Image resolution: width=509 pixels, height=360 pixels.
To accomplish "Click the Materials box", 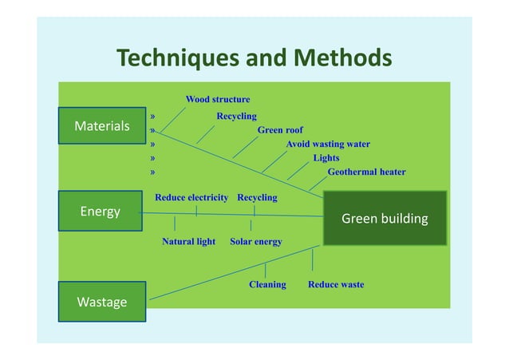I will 101,125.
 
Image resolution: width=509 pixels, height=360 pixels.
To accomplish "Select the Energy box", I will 101,211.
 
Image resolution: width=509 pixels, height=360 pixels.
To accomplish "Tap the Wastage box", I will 101,301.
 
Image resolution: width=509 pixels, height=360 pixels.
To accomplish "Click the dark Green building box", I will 385,218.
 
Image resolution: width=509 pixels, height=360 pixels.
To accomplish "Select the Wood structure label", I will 218,100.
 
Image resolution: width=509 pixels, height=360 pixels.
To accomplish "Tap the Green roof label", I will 280,130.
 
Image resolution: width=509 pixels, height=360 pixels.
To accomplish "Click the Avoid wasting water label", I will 328,144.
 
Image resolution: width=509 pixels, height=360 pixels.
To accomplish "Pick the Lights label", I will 326,158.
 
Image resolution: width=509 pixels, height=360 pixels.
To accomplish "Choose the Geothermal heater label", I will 366,172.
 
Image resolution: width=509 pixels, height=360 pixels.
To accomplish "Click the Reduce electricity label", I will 191,197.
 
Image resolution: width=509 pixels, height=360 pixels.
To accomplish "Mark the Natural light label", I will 188,241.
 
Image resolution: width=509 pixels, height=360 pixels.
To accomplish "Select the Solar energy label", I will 255,241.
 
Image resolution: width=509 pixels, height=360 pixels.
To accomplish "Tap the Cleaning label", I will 267,284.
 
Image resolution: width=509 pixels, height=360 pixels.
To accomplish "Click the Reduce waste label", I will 336,284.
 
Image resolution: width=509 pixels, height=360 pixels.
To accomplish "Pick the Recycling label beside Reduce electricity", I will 257,197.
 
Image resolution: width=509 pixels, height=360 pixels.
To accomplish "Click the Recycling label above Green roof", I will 236,117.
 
